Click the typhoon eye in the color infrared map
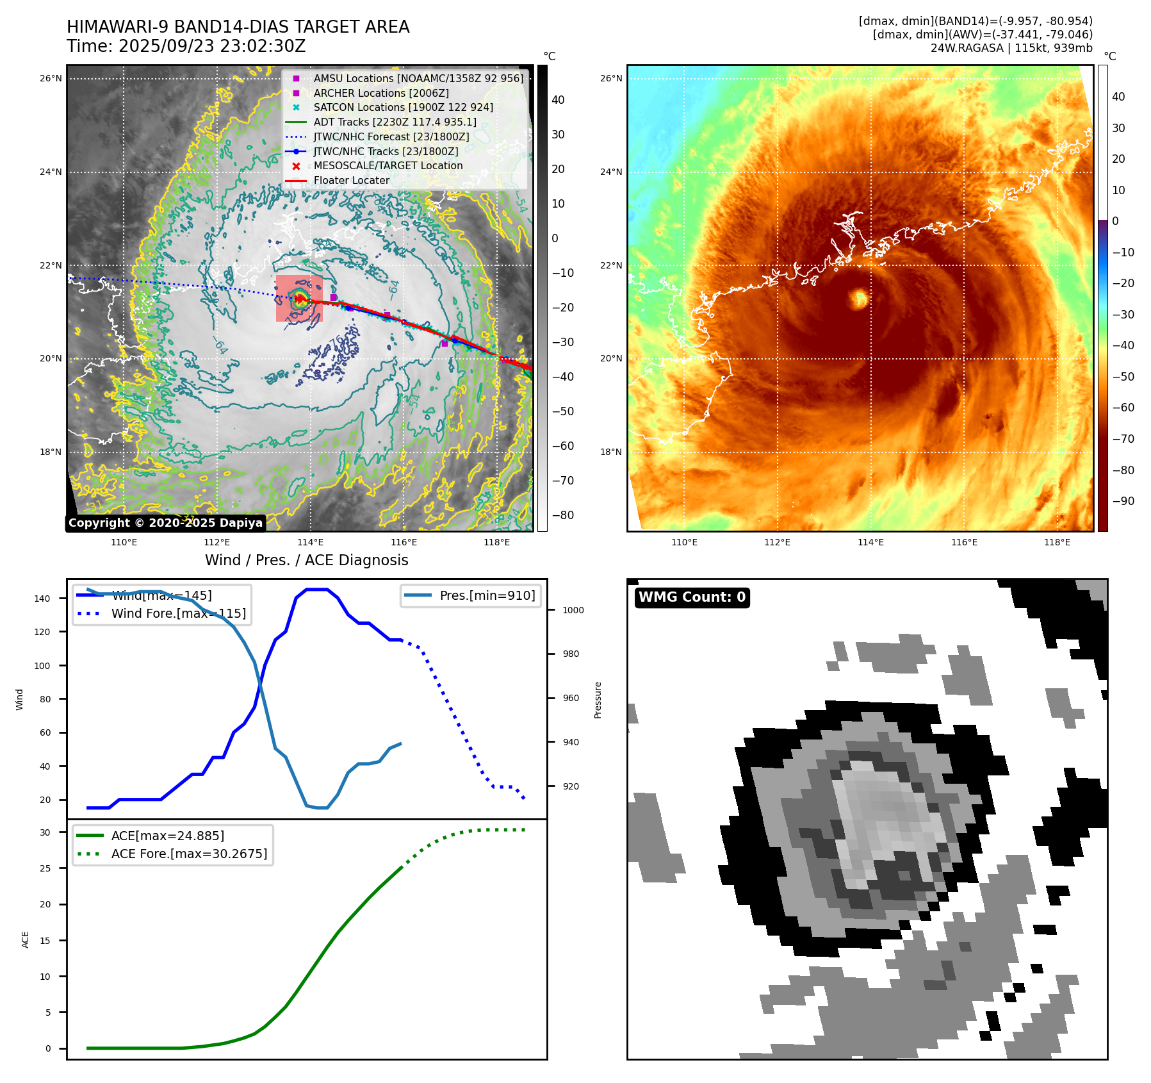coord(858,299)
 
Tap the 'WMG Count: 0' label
coord(692,597)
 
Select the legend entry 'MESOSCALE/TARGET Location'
coord(388,166)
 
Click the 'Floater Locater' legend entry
coord(351,181)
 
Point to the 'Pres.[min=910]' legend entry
coord(487,595)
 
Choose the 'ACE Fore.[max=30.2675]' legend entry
coord(189,854)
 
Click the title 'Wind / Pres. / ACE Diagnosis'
coord(306,560)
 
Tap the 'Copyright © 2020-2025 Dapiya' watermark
coord(165,523)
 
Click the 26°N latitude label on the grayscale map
coord(51,79)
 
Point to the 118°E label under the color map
coord(1057,542)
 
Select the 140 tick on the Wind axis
coord(42,599)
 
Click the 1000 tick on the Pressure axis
coord(573,610)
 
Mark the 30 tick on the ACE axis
coord(45,832)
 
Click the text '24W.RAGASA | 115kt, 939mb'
coord(1011,48)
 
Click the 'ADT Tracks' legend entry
coord(395,122)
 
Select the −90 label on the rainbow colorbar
coord(1123,501)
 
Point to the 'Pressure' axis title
coord(598,700)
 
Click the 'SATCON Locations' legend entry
coord(403,108)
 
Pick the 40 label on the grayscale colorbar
coord(558,100)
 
